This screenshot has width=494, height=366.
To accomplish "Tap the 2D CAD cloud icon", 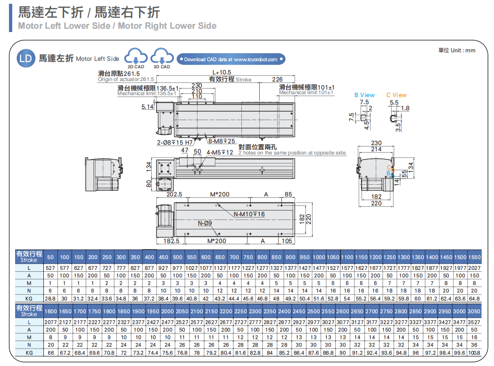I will tap(136, 57).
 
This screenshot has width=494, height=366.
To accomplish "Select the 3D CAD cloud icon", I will tap(162, 57).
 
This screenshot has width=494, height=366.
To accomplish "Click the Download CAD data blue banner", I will tap(231, 59).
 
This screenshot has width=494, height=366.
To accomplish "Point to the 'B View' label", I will tap(364, 95).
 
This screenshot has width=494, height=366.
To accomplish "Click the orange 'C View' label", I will tap(396, 95).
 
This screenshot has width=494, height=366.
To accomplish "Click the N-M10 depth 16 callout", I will tap(249, 214).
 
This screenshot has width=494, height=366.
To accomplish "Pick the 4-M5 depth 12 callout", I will tap(220, 152).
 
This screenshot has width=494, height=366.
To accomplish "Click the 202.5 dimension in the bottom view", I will tap(174, 194).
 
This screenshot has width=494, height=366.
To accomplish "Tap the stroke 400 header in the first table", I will tap(149, 257).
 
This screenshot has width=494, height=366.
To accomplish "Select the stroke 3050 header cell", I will tap(474, 311).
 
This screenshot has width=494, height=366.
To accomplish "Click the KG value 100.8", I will tap(474, 352).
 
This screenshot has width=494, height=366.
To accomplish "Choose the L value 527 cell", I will tap(50, 268).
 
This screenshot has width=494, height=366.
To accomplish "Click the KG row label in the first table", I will tap(29, 298).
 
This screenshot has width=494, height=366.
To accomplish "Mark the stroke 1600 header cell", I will tap(50, 311).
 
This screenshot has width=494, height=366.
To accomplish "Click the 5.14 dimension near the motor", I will tap(148, 107).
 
